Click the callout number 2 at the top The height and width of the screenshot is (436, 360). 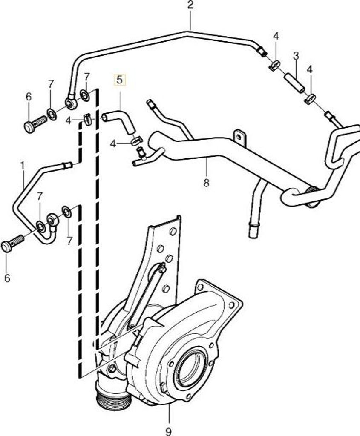(x=190, y=5)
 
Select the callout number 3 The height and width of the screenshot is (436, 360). (x=296, y=56)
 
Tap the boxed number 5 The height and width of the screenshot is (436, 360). (x=119, y=80)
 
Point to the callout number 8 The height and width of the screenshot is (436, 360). (x=206, y=183)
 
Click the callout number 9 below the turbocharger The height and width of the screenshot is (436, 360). (x=168, y=431)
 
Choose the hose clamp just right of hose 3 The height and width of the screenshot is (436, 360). (x=311, y=98)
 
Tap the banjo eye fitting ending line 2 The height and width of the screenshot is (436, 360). (x=71, y=102)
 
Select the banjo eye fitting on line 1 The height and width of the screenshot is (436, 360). (x=52, y=220)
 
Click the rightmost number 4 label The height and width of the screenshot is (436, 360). (x=310, y=69)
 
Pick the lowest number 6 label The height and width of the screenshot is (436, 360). (x=8, y=278)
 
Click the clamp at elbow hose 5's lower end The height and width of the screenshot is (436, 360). (x=136, y=141)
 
